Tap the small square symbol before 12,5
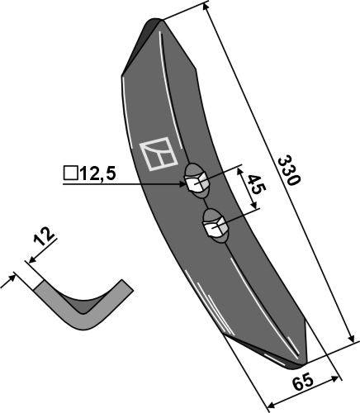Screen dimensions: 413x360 pyautogui.click(x=69, y=173)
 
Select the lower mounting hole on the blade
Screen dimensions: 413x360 pyautogui.click(x=214, y=225)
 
